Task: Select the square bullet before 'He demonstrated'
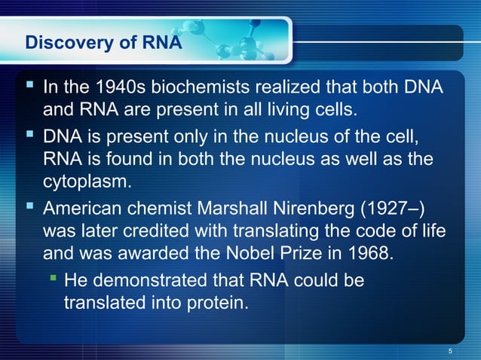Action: click(53, 280)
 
